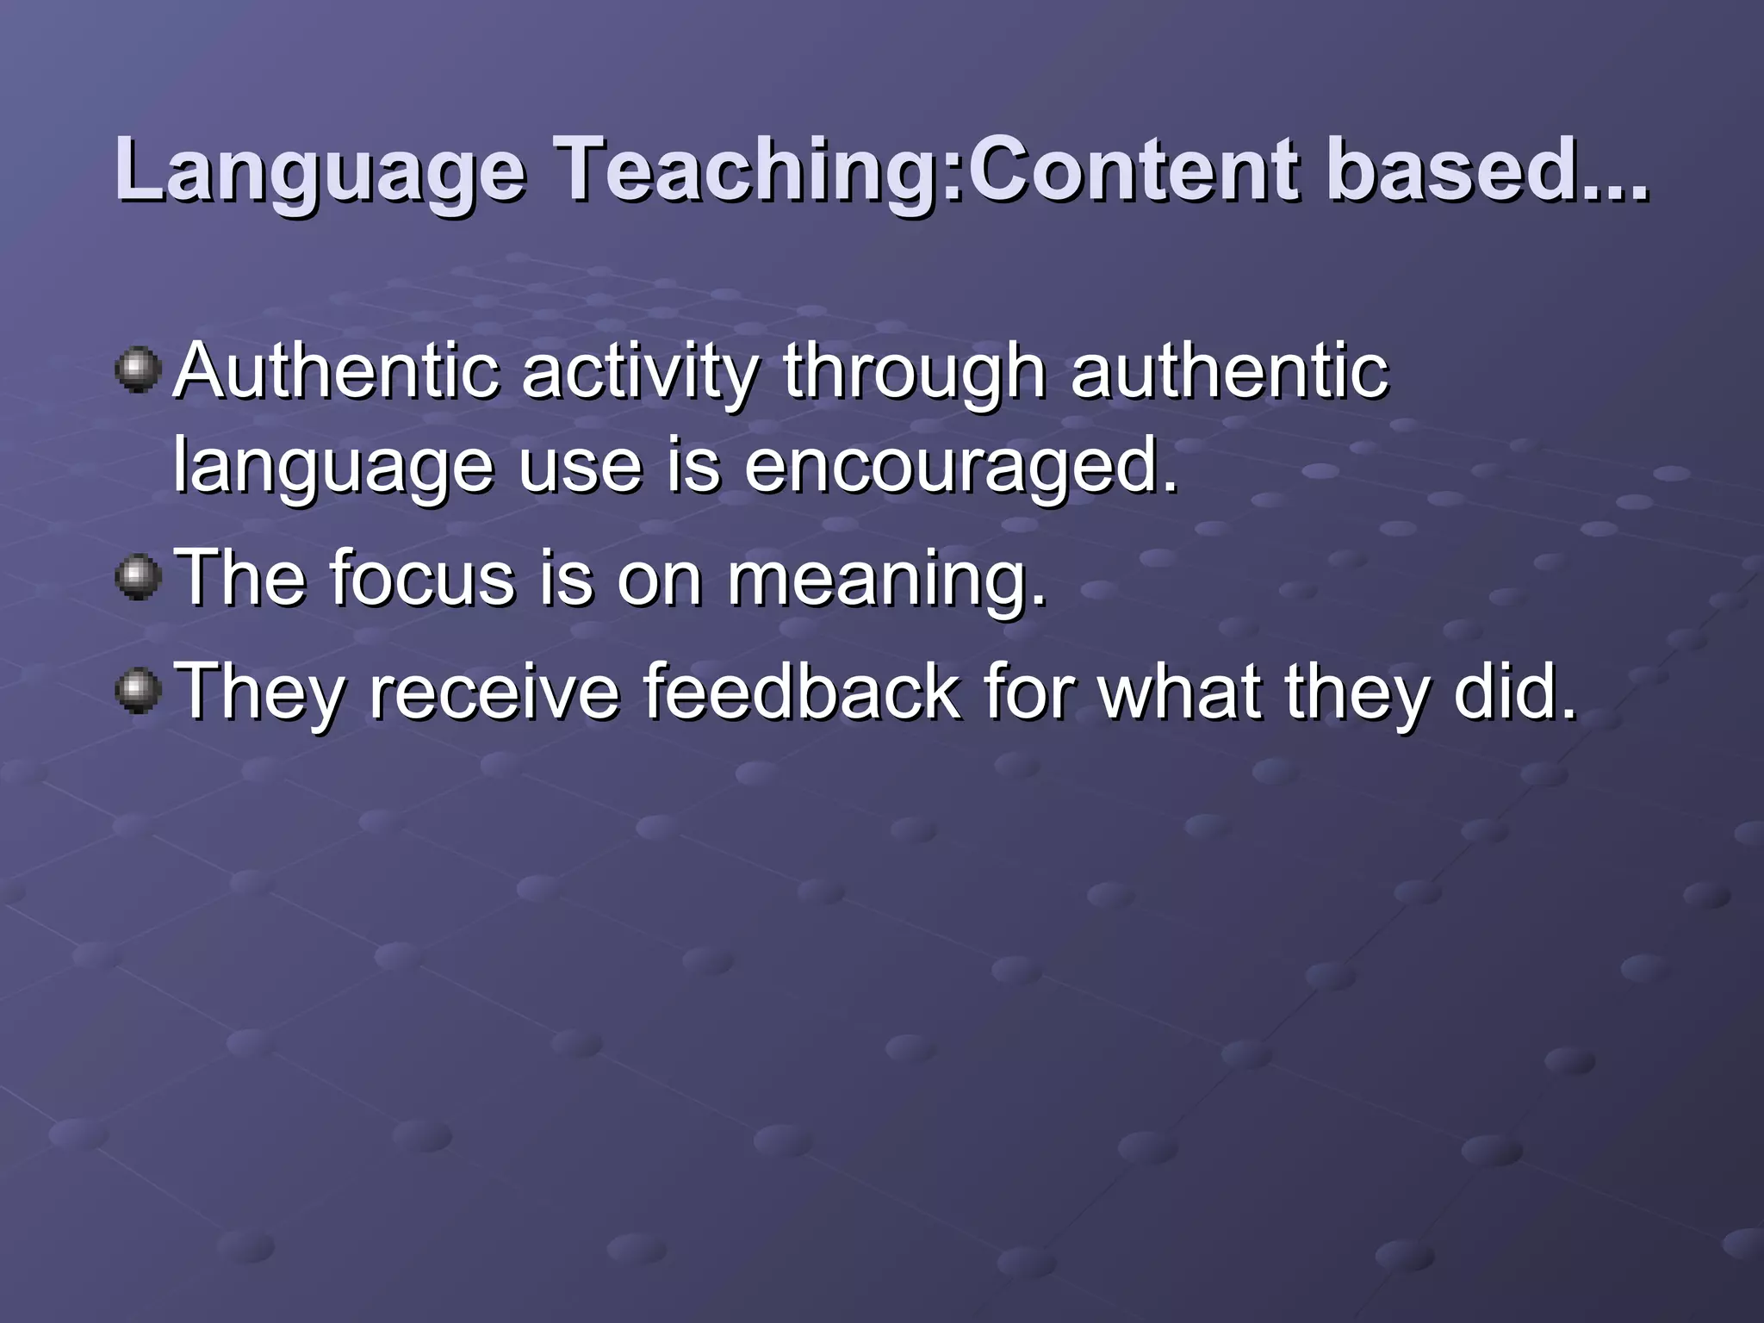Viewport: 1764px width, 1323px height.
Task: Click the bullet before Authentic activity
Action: pos(138,370)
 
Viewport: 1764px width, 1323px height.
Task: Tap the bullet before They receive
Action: pos(138,692)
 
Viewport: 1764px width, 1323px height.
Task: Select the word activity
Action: pos(640,372)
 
